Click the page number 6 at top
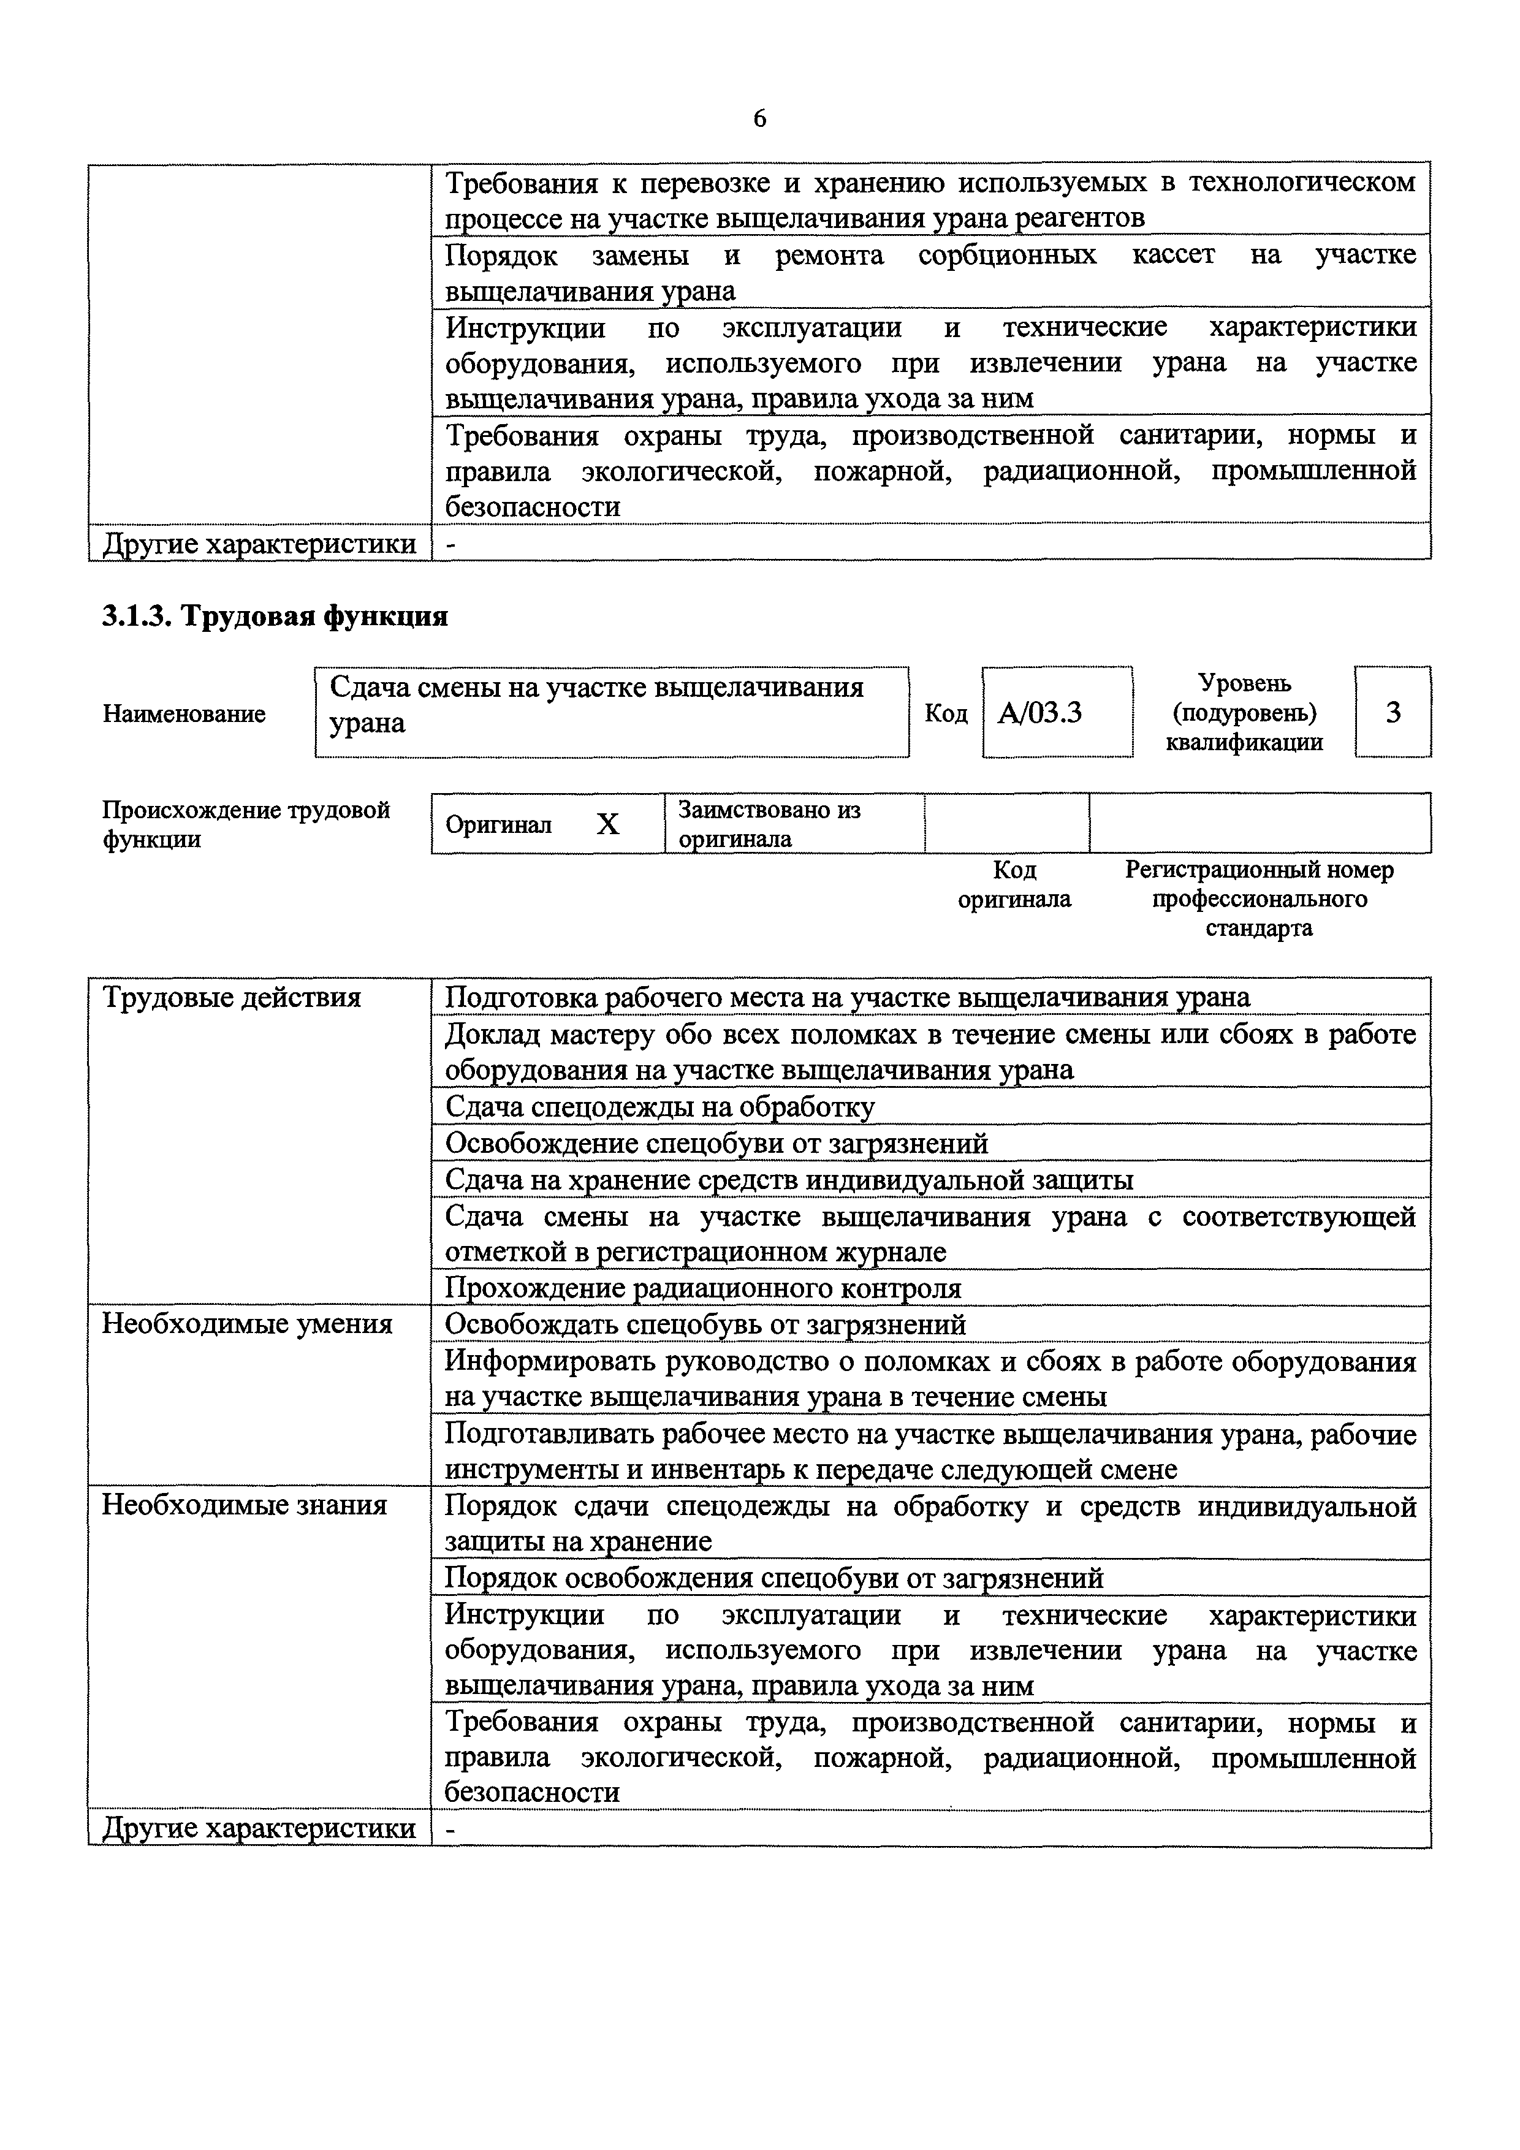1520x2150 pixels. pos(759,119)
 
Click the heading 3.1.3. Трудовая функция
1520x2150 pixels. pos(275,616)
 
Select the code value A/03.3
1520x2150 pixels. pos(1039,713)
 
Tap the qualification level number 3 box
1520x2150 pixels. pos(1393,713)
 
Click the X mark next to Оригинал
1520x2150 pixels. pos(608,824)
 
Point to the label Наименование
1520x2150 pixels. pos(183,713)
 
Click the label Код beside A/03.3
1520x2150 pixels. pos(945,713)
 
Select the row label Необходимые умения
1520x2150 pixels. pos(247,1324)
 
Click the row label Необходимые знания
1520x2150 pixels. pos(245,1505)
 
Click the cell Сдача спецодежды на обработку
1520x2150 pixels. pos(659,1107)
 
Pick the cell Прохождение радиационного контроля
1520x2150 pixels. pos(702,1288)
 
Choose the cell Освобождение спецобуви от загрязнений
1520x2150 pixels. pos(716,1144)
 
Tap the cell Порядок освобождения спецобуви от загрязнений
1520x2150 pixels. pos(773,1578)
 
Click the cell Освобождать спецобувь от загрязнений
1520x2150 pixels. pos(704,1324)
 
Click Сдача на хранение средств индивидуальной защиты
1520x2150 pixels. pos(789,1180)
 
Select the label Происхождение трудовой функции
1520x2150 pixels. pos(245,824)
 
